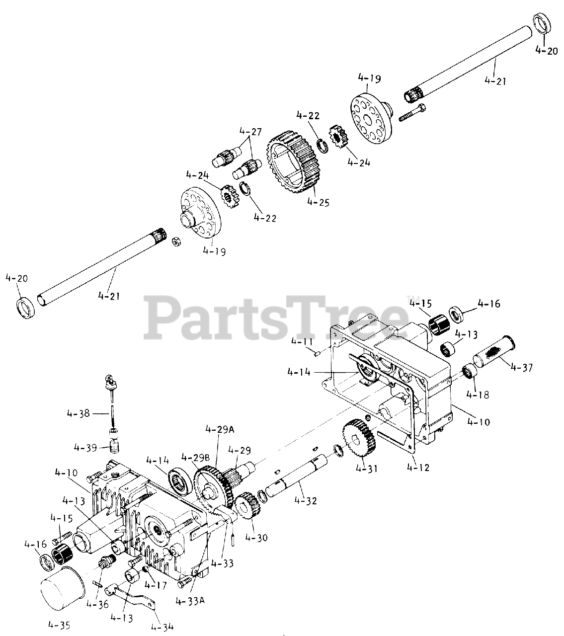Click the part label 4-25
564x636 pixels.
pyautogui.click(x=318, y=202)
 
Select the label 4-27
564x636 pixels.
pyautogui.click(x=250, y=132)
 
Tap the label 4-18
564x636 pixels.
pyautogui.click(x=478, y=395)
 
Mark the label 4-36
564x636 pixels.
pyautogui.click(x=97, y=604)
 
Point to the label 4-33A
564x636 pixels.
pyautogui.click(x=190, y=601)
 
